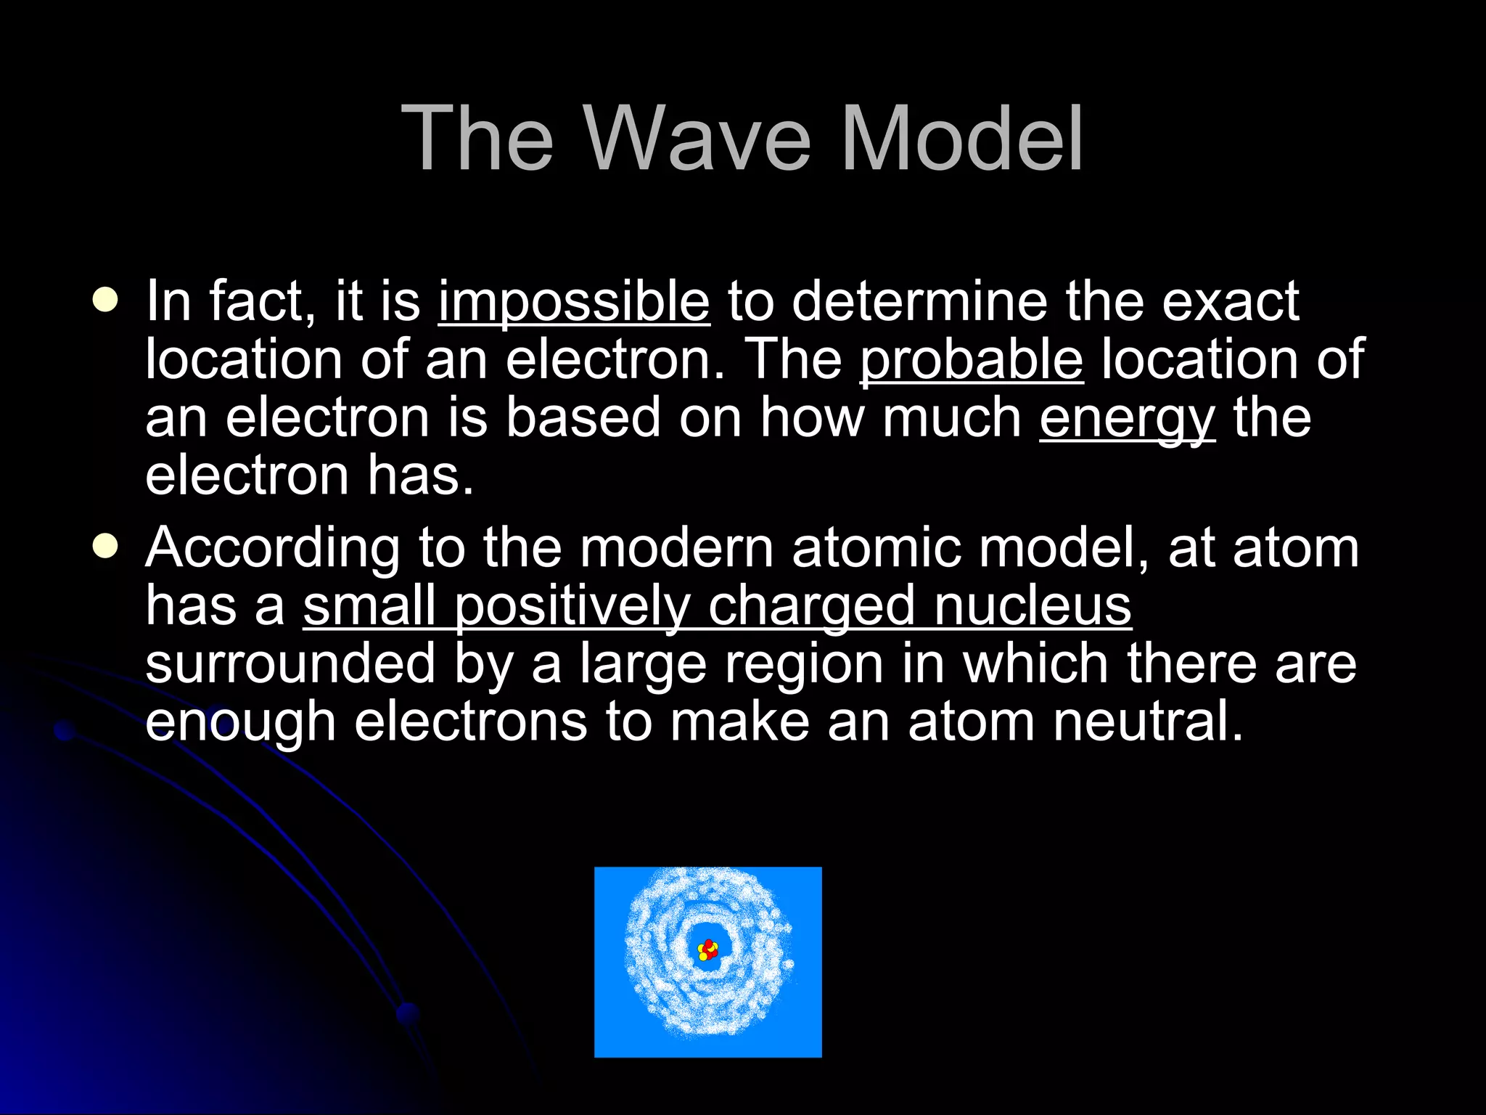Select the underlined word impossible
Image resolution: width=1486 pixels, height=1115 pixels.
[574, 302]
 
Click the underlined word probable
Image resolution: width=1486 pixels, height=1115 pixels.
[972, 360]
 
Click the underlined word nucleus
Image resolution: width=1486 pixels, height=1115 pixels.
[1033, 605]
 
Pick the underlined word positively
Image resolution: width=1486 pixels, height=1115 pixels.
[572, 607]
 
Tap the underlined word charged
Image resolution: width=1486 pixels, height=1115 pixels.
[811, 607]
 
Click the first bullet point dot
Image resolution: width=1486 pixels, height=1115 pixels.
[106, 301]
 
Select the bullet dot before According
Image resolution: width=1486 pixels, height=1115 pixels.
[106, 547]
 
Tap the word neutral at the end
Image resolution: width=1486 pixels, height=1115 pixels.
[1148, 722]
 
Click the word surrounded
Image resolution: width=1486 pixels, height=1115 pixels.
[290, 663]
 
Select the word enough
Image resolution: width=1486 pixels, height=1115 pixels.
[241, 723]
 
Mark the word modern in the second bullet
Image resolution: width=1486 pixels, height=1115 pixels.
[676, 549]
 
